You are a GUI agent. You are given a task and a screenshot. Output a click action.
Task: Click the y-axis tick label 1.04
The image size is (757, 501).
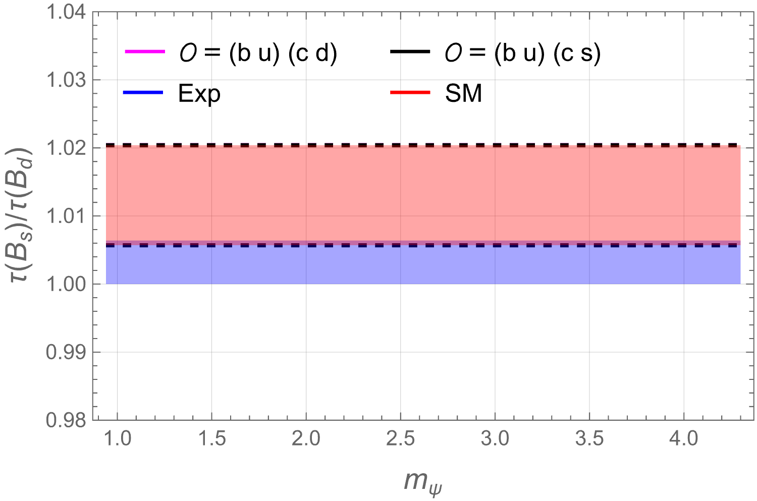tap(66, 13)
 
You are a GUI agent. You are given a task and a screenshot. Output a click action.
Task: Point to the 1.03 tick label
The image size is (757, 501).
tap(66, 80)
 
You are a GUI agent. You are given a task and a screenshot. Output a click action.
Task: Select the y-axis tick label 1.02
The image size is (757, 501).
tap(66, 148)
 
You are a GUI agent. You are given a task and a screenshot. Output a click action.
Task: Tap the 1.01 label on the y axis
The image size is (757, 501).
tap(66, 216)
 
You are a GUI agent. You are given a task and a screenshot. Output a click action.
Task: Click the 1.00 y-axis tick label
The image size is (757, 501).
tap(66, 285)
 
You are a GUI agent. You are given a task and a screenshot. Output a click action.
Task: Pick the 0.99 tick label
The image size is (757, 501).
tap(66, 352)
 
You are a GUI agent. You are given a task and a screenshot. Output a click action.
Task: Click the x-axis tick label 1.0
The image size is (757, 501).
tap(117, 439)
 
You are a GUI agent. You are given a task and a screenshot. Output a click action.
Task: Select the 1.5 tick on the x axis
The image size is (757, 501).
tap(211, 439)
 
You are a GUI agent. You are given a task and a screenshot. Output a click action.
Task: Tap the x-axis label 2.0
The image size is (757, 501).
tap(306, 439)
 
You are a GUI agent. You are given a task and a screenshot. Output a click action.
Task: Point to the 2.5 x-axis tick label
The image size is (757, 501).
tap(400, 439)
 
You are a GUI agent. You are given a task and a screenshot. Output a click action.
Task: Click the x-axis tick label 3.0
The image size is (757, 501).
tap(495, 439)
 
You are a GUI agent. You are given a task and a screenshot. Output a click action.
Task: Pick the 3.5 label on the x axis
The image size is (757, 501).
tap(589, 439)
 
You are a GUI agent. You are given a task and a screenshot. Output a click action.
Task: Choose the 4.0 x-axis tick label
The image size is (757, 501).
tap(684, 439)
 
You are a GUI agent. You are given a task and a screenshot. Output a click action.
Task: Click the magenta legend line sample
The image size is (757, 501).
tap(145, 51)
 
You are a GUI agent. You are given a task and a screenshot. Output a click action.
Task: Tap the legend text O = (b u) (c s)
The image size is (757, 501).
tap(522, 53)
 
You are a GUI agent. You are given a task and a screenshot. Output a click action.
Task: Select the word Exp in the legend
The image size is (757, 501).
tap(199, 93)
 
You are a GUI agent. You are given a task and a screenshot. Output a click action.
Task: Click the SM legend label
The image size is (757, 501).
tap(463, 93)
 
